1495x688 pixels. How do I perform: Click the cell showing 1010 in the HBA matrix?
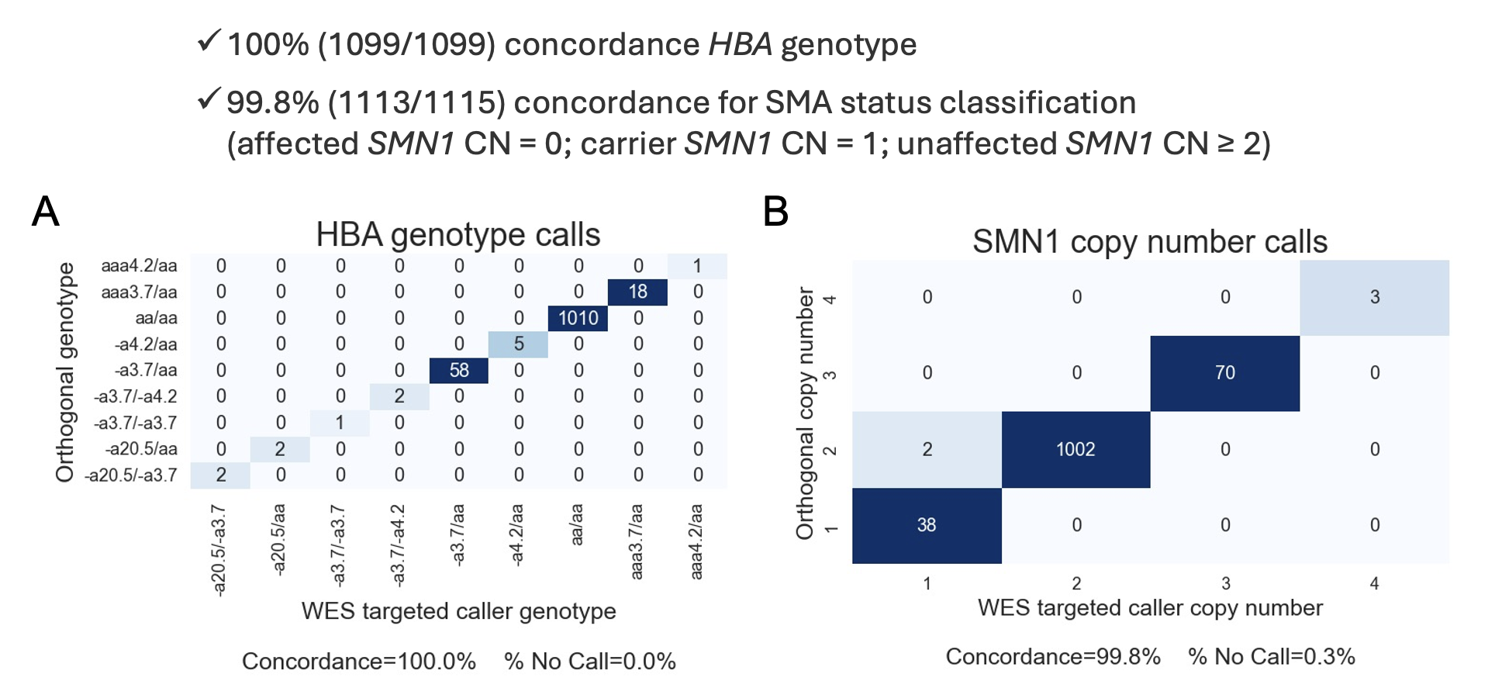(x=578, y=318)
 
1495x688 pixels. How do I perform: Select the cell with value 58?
(x=459, y=370)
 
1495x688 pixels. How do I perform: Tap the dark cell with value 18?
(x=637, y=292)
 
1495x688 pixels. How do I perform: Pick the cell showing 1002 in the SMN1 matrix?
(x=1076, y=449)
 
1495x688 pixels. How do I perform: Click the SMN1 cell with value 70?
(x=1224, y=373)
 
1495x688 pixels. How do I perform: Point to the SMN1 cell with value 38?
(x=927, y=525)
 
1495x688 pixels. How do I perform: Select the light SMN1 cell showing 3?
(x=1374, y=297)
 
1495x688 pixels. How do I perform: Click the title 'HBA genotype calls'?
(x=458, y=234)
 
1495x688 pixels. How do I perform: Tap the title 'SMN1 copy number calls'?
(x=1150, y=241)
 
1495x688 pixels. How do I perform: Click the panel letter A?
(x=46, y=211)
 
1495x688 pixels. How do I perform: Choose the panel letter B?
(x=775, y=211)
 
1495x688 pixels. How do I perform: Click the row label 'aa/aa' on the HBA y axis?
(x=156, y=318)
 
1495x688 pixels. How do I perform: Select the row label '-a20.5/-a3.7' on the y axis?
(x=130, y=475)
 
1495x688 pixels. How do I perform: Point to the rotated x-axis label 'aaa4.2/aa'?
(x=696, y=541)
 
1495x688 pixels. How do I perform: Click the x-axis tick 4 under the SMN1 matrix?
(x=1374, y=583)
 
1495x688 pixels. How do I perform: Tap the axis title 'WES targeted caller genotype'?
(x=458, y=611)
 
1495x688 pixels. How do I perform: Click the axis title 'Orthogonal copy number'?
(x=805, y=413)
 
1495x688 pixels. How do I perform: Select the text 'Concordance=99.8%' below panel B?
(x=1053, y=656)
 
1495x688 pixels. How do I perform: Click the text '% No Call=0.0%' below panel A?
(x=589, y=661)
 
